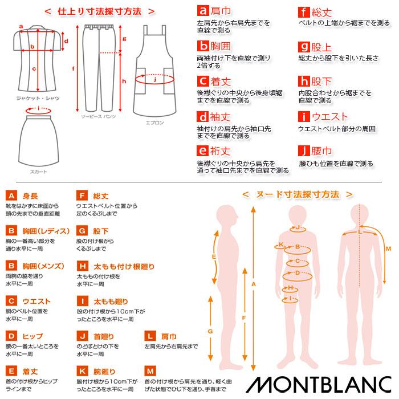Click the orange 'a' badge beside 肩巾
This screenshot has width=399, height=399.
pyautogui.click(x=202, y=11)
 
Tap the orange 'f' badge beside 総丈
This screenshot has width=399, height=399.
pyautogui.click(x=304, y=11)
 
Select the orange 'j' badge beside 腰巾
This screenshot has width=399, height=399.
pyautogui.click(x=304, y=151)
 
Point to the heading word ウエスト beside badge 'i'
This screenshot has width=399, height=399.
pyautogui.click(x=329, y=117)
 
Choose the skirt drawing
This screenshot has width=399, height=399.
pyautogui.click(x=39, y=137)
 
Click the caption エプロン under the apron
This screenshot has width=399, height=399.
pyautogui.click(x=154, y=123)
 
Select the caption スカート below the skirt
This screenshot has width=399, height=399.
pyautogui.click(x=39, y=172)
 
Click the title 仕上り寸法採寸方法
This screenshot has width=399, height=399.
pyautogui.click(x=100, y=11)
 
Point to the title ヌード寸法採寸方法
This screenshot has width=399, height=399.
pyautogui.click(x=297, y=194)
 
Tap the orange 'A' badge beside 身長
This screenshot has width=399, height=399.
pyautogui.click(x=11, y=196)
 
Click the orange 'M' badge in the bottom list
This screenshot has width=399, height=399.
pyautogui.click(x=150, y=371)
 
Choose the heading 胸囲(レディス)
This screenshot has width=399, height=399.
pyautogui.click(x=46, y=231)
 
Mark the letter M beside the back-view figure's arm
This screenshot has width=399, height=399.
pyautogui.click(x=388, y=249)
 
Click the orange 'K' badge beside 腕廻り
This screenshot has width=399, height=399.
pyautogui.click(x=82, y=371)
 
